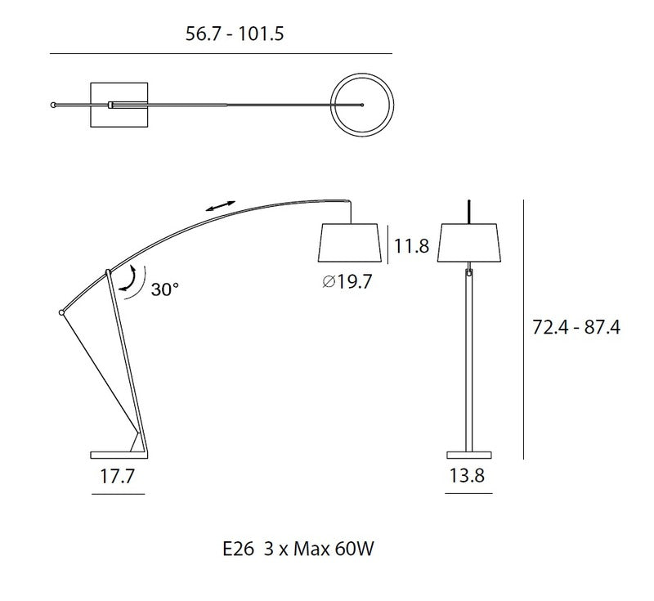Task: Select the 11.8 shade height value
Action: [x=411, y=245]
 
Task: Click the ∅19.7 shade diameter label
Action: [x=347, y=283]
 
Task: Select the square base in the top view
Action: [x=119, y=105]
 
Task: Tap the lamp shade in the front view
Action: [x=470, y=240]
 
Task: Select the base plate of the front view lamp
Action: [x=469, y=453]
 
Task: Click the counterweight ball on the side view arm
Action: [x=61, y=312]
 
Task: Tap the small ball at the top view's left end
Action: [x=54, y=105]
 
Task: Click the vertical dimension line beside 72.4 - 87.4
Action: [x=523, y=327]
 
